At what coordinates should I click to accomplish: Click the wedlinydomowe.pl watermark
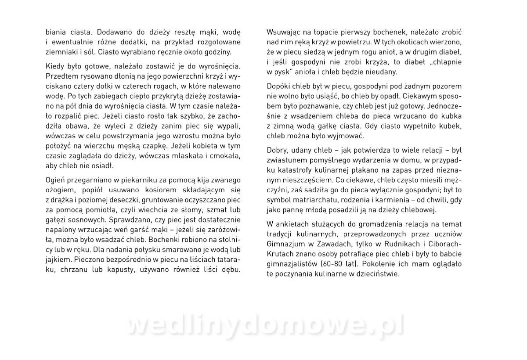click(266, 326)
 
